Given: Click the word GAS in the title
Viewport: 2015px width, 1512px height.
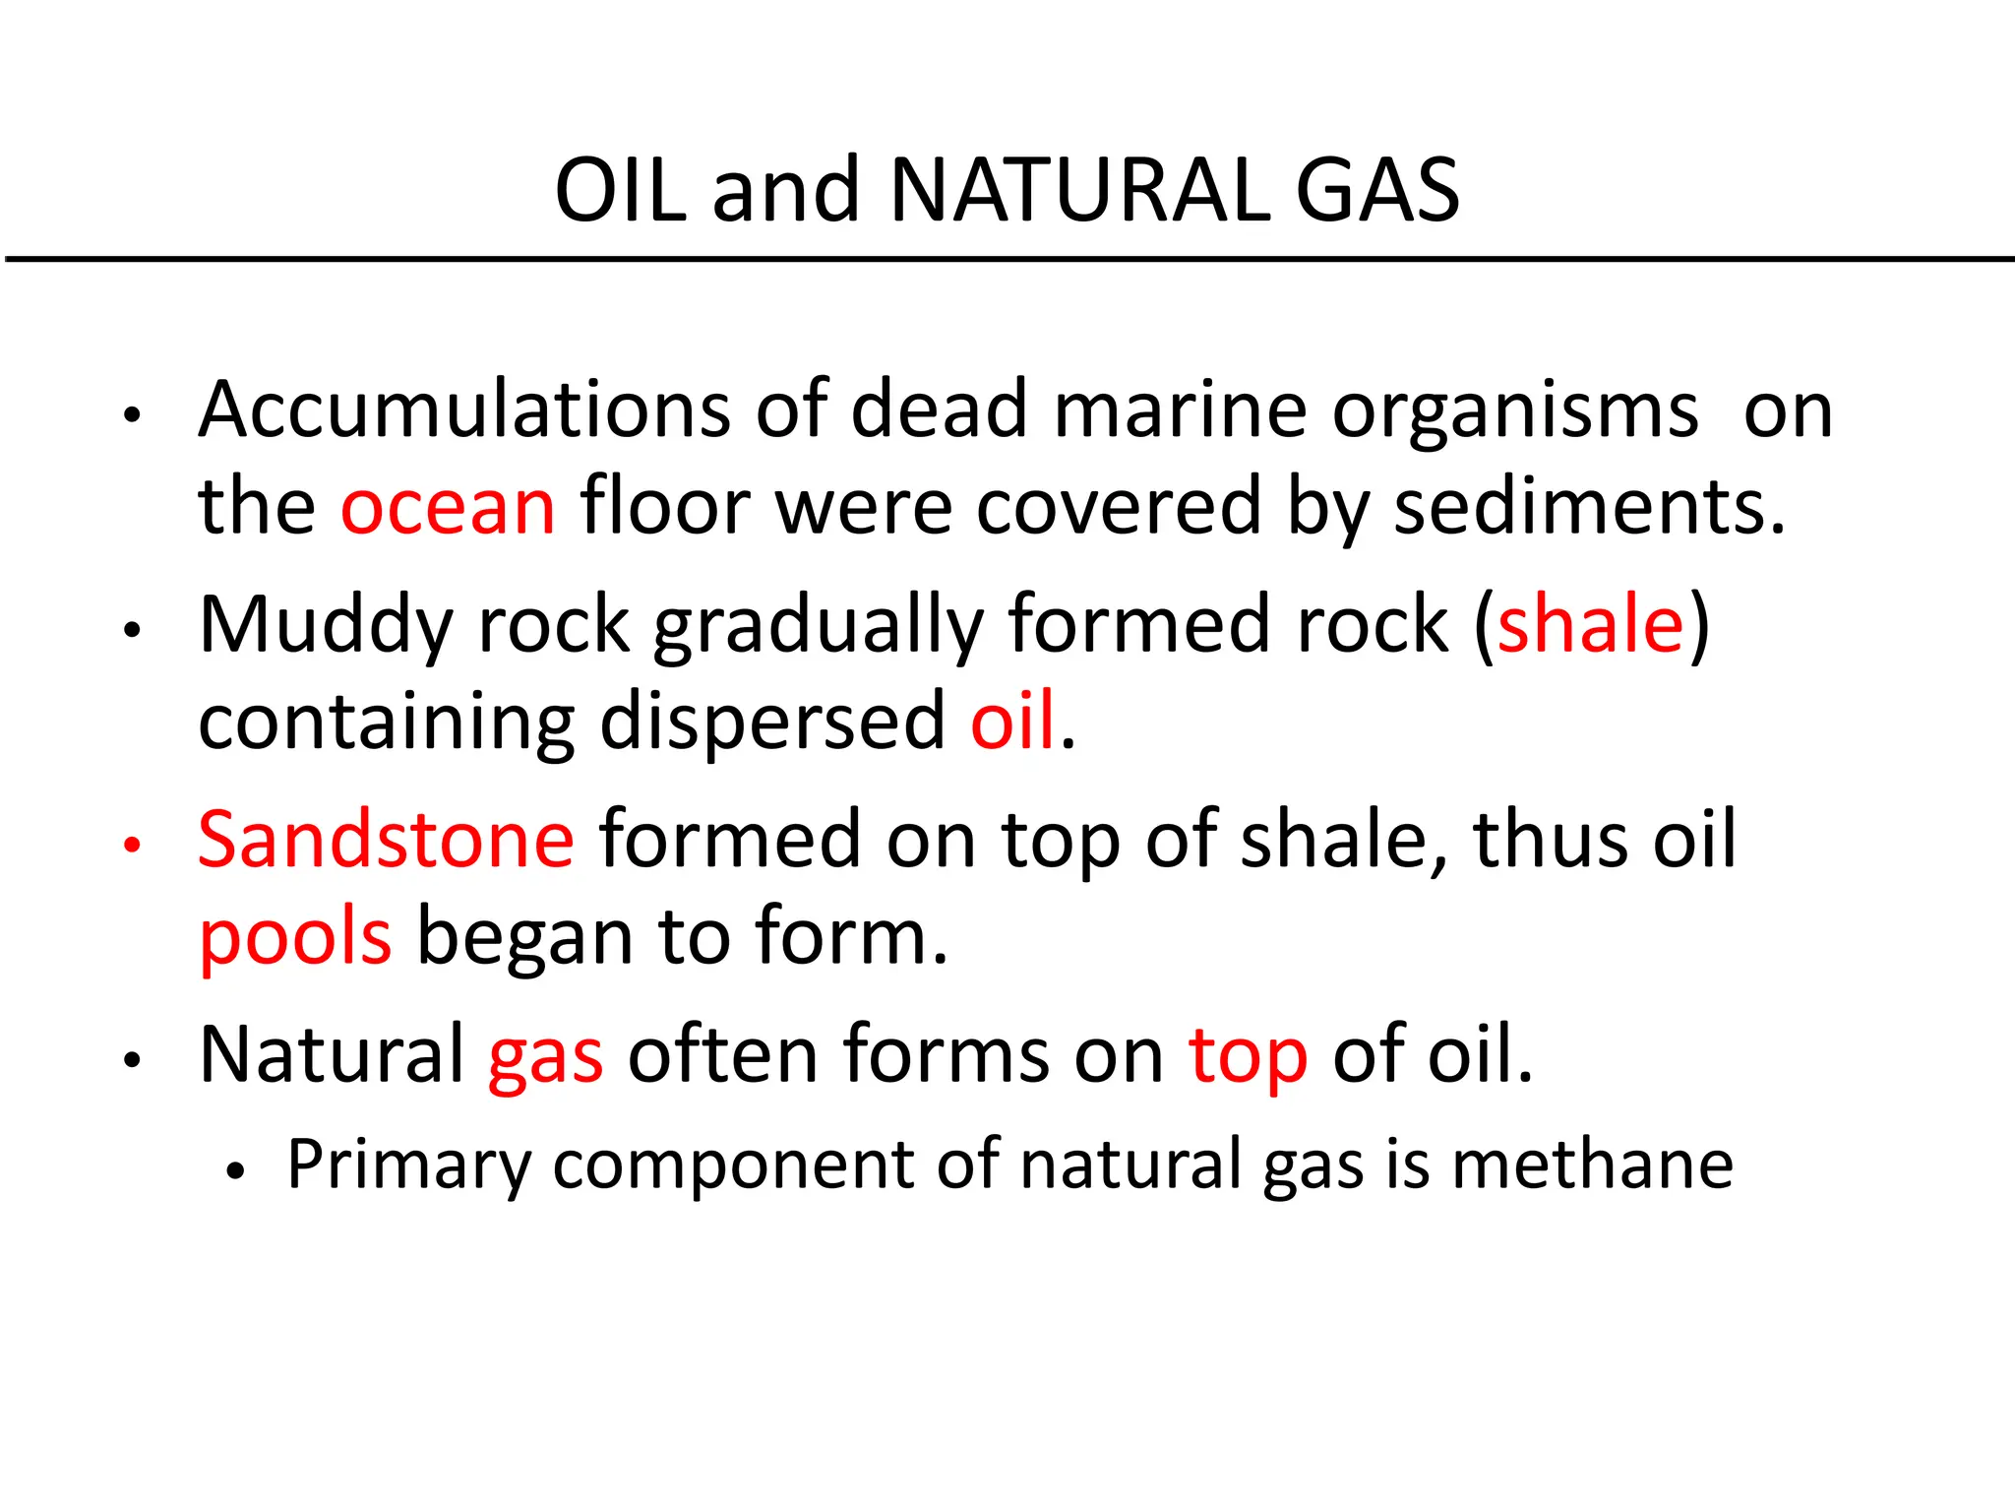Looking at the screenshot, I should (1377, 190).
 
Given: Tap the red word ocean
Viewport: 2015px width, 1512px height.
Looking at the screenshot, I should (448, 507).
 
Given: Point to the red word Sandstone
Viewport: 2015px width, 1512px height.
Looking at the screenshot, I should (386, 839).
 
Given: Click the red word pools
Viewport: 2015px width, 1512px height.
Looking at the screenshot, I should (295, 937).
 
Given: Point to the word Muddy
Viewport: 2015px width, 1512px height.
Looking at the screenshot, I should (326, 626).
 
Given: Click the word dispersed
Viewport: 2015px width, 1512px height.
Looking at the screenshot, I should (772, 722).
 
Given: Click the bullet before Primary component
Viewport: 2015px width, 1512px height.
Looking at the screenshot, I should (234, 1171).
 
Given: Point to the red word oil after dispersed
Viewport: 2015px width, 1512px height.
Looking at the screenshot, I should (1012, 721).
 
